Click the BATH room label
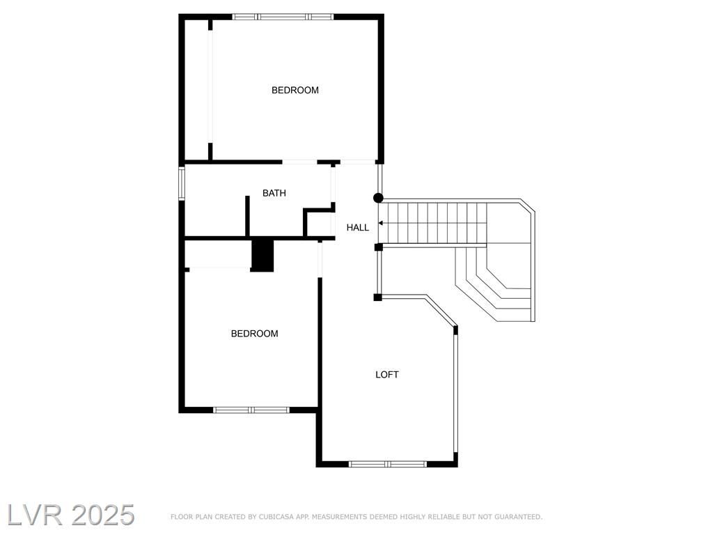(x=274, y=193)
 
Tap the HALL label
(x=357, y=228)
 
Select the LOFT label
(x=387, y=374)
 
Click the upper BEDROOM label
(x=295, y=90)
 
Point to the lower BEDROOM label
(x=255, y=334)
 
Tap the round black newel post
(x=378, y=198)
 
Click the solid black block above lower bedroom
(x=263, y=255)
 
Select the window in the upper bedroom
(x=283, y=17)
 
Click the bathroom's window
(x=182, y=183)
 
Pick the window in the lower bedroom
(x=251, y=410)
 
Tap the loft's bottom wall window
(x=388, y=464)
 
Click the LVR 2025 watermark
(x=71, y=515)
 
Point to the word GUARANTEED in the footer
(x=518, y=517)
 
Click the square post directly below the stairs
(x=378, y=247)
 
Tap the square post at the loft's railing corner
(x=377, y=297)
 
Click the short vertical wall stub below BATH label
(x=247, y=216)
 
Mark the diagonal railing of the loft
(x=441, y=311)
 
